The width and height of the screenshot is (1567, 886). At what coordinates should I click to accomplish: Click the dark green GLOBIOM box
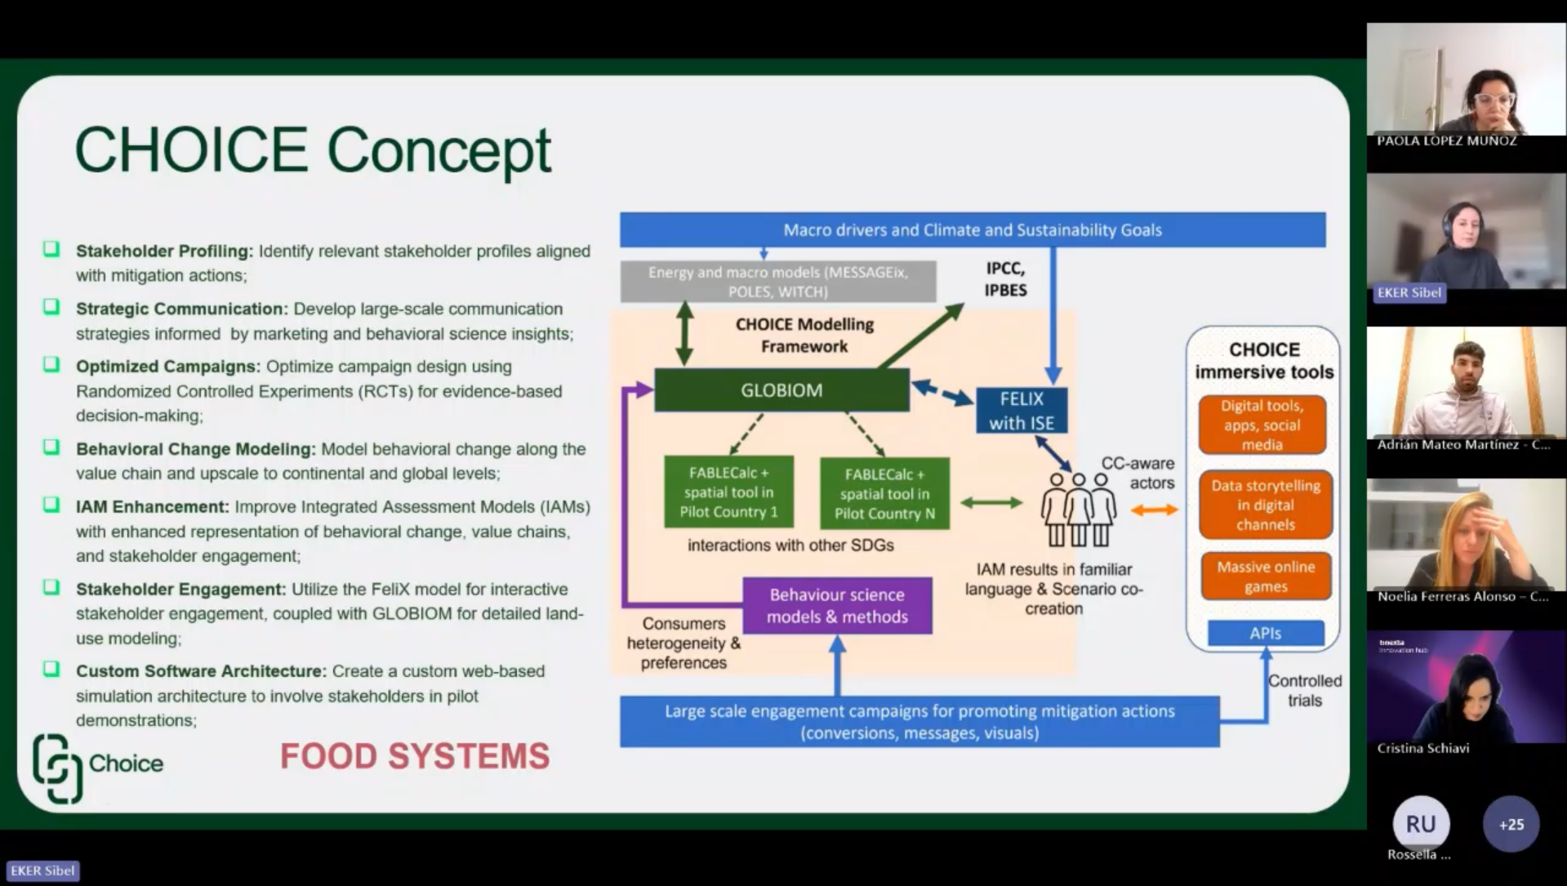[x=781, y=390]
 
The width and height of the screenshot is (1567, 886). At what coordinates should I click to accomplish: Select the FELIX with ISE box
[x=1021, y=411]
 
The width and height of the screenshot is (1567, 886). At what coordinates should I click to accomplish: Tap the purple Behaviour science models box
[x=837, y=606]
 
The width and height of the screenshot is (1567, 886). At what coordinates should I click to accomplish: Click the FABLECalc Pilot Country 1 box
[x=728, y=492]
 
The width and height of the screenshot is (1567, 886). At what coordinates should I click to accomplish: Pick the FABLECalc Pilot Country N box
[x=884, y=494]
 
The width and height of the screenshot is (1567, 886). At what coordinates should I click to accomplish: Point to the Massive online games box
[x=1265, y=577]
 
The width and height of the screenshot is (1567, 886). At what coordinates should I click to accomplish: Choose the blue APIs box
[x=1265, y=633]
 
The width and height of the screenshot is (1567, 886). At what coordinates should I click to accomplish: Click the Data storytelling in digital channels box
[x=1265, y=505]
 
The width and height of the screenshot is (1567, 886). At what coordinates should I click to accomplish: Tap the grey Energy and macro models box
[x=777, y=282]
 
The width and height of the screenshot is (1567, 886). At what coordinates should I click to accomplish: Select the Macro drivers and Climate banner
[x=972, y=230]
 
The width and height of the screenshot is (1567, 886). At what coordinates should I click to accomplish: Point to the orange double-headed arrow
[x=1154, y=510]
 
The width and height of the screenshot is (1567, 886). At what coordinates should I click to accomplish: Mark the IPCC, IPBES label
[x=1005, y=279]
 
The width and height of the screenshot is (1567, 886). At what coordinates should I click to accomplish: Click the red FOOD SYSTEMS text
[x=415, y=756]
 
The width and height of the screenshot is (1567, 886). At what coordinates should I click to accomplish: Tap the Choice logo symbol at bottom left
[x=57, y=768]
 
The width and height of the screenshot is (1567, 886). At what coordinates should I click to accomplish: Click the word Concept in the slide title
[x=438, y=150]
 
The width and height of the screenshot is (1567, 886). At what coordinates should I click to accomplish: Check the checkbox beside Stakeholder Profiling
[x=51, y=249]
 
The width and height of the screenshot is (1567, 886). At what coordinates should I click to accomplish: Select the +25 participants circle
[x=1511, y=825]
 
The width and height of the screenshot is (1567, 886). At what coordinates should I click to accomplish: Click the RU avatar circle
[x=1421, y=824]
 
